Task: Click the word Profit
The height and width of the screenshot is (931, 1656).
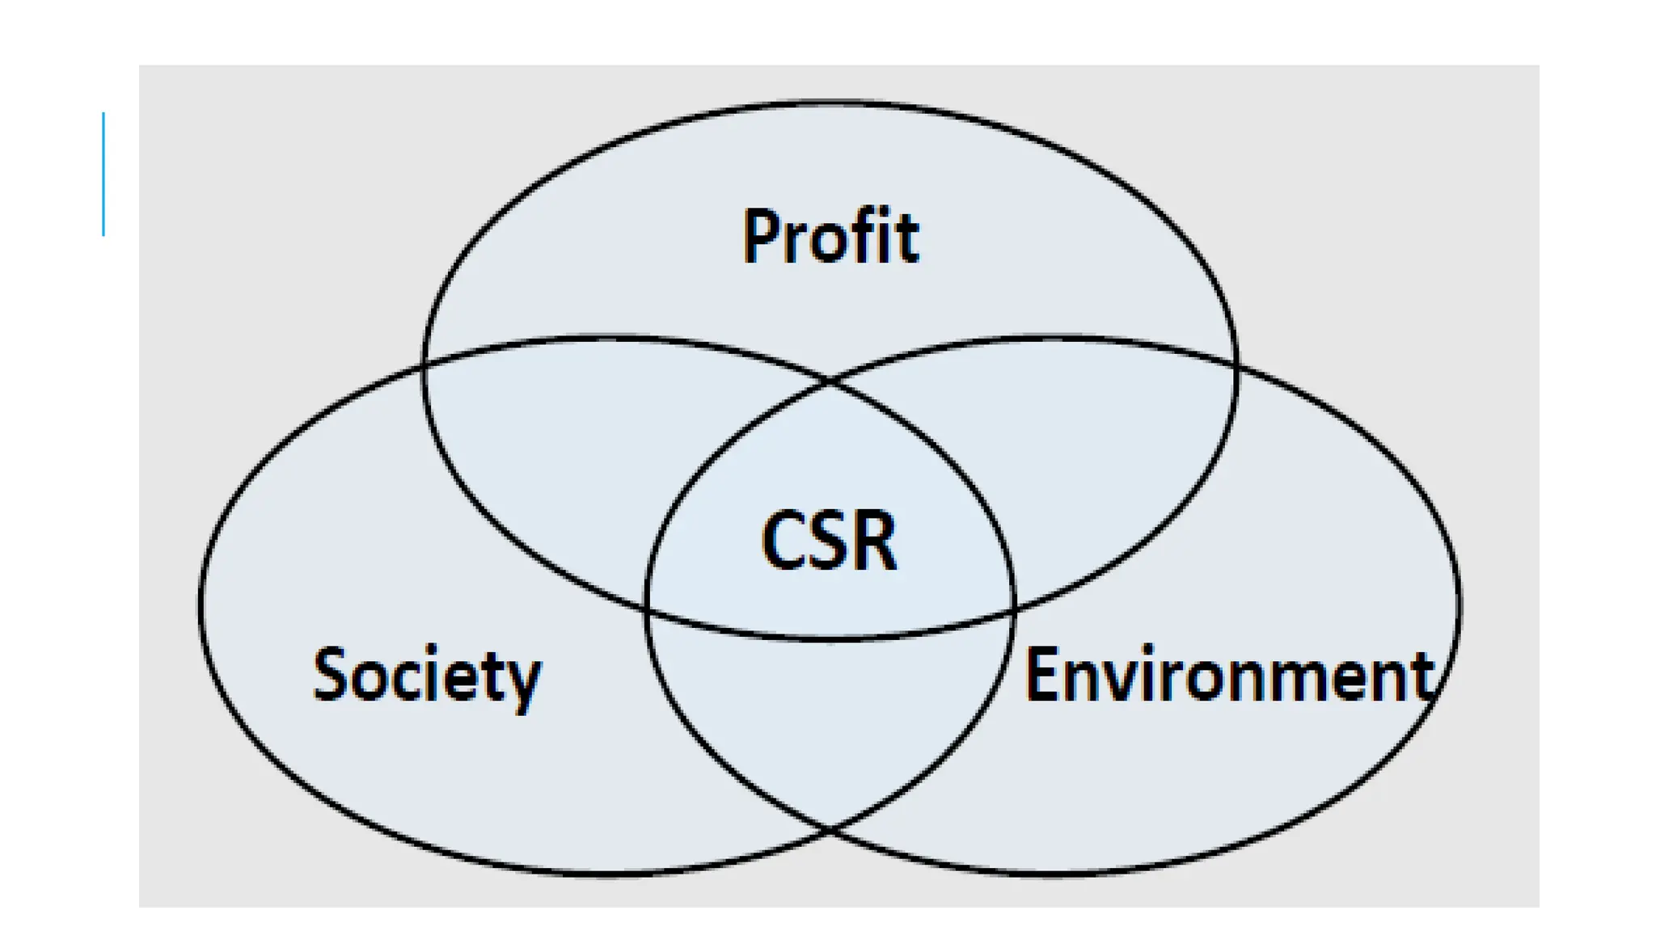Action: click(x=830, y=237)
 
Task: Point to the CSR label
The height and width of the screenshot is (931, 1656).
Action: click(x=829, y=541)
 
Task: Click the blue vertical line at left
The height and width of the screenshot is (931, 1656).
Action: click(x=103, y=175)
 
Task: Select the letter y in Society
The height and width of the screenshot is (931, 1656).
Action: click(x=523, y=683)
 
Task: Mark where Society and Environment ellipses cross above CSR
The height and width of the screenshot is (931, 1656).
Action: click(x=830, y=381)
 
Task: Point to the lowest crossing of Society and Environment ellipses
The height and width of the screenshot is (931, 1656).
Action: click(x=830, y=828)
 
